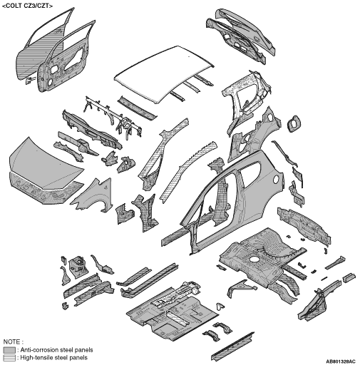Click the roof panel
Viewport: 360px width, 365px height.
click(164, 73)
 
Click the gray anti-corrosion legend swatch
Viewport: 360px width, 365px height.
click(9, 350)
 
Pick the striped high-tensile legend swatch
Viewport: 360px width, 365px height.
click(9, 358)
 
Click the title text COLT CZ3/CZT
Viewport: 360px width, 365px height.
click(27, 6)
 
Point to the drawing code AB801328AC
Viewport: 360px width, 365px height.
click(341, 361)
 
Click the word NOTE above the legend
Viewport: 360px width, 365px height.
click(14, 342)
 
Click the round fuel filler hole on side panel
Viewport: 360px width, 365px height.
click(276, 180)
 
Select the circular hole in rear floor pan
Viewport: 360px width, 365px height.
click(254, 259)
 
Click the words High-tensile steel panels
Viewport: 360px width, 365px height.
click(54, 358)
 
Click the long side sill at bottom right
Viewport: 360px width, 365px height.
click(233, 347)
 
